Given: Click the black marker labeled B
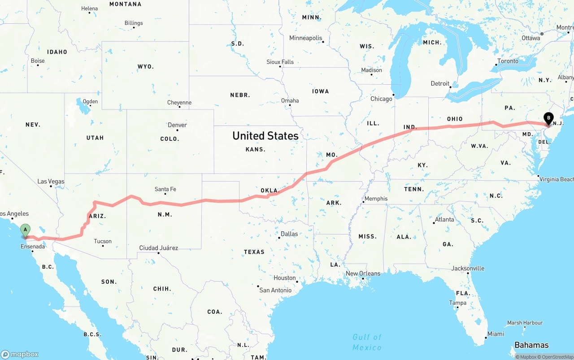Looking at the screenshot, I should coord(548,118).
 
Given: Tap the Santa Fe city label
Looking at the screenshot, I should coord(165,189).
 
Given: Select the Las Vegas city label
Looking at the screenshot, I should coord(51,182).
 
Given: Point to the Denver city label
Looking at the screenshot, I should coord(177,125).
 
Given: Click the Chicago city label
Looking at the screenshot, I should coord(381,99).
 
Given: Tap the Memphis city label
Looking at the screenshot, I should coord(376,199).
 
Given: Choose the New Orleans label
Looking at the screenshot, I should coord(363,273).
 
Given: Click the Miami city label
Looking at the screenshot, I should coord(496,334).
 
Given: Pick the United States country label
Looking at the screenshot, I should coord(265,136).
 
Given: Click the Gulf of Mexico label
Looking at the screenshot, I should coord(367,342).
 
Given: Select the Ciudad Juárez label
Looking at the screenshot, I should coord(159,248).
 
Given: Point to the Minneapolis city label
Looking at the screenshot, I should coord(306,38).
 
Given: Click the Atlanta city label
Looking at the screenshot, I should coord(444,220).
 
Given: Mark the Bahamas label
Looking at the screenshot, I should coord(531,345).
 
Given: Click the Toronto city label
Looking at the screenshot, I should coord(508,61).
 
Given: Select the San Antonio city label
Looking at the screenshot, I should coord(275,290).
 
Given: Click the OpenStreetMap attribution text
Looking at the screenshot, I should coord(556,357).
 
